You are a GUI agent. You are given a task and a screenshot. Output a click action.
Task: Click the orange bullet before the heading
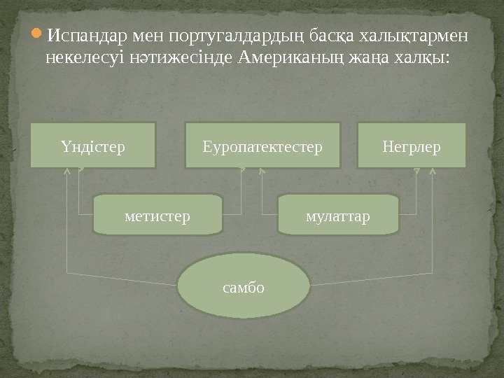38,34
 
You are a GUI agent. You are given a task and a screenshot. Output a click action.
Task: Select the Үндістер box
92,146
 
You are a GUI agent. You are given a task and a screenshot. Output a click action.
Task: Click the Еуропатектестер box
262,146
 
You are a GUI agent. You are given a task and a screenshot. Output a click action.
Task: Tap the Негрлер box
412,146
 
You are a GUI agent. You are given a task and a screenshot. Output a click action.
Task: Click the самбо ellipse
244,286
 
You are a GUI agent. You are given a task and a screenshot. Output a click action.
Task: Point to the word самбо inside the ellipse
244,287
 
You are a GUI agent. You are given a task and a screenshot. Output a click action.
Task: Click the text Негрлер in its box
412,147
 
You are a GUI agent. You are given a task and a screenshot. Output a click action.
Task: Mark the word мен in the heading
142,35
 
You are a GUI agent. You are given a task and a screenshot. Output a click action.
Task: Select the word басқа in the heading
332,35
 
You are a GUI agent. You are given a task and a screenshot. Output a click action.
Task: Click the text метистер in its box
157,215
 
